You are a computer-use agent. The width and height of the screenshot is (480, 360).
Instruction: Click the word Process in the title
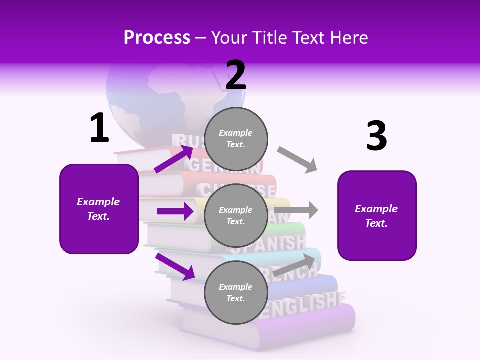(x=157, y=37)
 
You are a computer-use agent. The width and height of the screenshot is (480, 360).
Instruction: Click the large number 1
(x=99, y=128)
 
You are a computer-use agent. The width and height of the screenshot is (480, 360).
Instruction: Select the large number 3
(x=376, y=136)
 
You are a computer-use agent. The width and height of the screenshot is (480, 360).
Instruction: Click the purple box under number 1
(x=99, y=209)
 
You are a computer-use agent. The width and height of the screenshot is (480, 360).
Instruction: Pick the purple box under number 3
(x=377, y=215)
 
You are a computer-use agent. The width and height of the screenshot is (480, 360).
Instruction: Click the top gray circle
(x=236, y=139)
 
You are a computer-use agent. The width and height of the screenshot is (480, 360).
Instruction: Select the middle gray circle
(x=236, y=215)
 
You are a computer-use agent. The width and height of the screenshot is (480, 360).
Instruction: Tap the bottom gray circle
(x=236, y=292)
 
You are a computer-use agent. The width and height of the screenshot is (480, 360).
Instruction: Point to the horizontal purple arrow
(x=175, y=211)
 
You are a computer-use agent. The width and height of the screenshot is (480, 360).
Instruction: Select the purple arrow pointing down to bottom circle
(x=175, y=266)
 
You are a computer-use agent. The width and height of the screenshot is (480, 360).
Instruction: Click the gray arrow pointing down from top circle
(x=297, y=160)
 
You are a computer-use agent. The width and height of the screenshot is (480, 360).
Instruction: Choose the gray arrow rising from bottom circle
(x=295, y=265)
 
